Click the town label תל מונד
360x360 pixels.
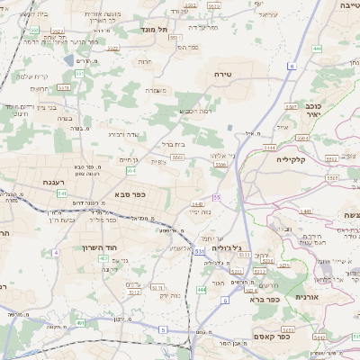click(x=155, y=29)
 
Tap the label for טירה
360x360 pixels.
click(x=224, y=74)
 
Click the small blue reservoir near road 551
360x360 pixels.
click(x=70, y=60)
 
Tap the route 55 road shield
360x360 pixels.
click(x=217, y=197)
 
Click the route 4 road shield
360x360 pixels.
click(x=55, y=253)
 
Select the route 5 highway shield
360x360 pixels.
click(x=163, y=330)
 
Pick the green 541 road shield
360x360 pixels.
click(x=62, y=193)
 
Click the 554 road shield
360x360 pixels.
click(x=131, y=169)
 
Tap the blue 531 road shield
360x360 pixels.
click(x=198, y=251)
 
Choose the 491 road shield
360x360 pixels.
click(x=80, y=322)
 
